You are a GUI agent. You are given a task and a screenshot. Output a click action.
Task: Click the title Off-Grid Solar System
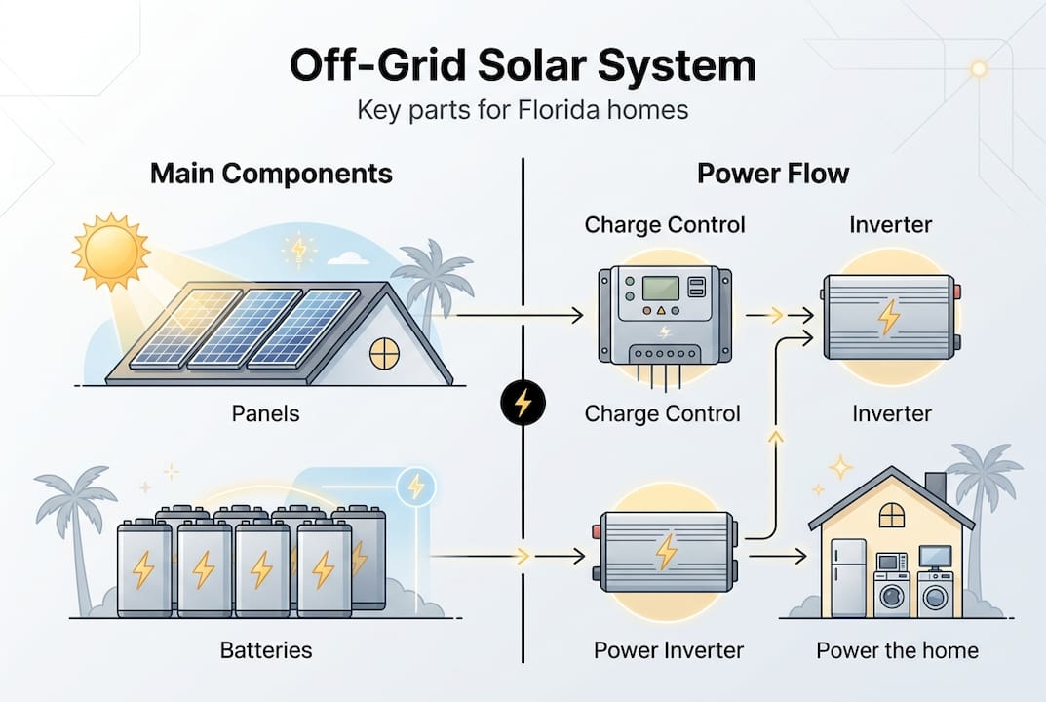pyautogui.click(x=523, y=66)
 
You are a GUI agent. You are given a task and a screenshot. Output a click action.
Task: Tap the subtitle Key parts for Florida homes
pyautogui.click(x=523, y=109)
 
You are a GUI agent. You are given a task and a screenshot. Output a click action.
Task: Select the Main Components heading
pyautogui.click(x=271, y=175)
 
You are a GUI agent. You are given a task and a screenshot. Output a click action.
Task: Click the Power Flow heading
pyautogui.click(x=773, y=175)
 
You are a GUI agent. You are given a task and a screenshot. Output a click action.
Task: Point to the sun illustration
pyautogui.click(x=110, y=252)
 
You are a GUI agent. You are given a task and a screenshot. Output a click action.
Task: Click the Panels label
pyautogui.click(x=265, y=413)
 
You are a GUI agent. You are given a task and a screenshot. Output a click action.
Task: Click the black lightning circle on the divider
pyautogui.click(x=523, y=402)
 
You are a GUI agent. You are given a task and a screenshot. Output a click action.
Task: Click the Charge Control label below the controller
pyautogui.click(x=662, y=413)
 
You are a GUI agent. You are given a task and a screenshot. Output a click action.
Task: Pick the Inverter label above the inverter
pyautogui.click(x=890, y=225)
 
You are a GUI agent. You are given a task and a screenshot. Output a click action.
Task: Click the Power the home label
pyautogui.click(x=897, y=650)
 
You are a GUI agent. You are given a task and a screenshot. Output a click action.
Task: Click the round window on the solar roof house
pyautogui.click(x=384, y=354)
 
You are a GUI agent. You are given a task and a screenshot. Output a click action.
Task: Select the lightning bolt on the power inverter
pyautogui.click(x=667, y=551)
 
